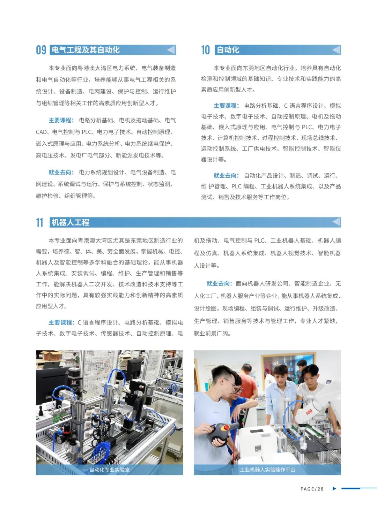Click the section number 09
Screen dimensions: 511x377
click(x=41, y=50)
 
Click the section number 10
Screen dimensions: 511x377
click(x=205, y=50)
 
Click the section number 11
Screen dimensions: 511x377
click(x=39, y=222)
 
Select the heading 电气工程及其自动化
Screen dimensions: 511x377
click(x=86, y=50)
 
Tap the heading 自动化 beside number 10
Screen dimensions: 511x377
click(x=228, y=50)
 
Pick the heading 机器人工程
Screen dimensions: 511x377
click(x=70, y=222)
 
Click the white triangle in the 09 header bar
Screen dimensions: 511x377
click(x=171, y=50)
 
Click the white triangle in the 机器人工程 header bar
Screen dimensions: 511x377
click(x=336, y=222)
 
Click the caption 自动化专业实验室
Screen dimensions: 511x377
click(x=110, y=470)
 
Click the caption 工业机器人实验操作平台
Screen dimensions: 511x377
click(x=267, y=470)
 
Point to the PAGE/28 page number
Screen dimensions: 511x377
click(x=312, y=489)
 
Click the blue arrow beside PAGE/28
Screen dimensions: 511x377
click(x=334, y=488)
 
